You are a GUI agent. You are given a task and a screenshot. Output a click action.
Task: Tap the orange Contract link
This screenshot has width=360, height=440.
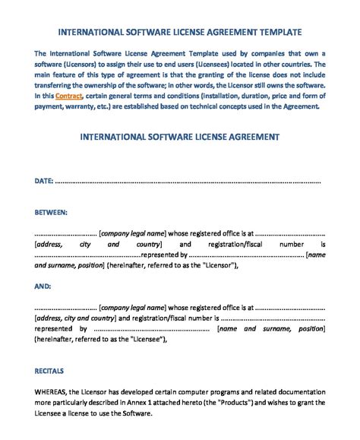(x=69, y=97)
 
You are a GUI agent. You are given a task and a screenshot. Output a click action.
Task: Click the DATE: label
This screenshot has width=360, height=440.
(x=43, y=182)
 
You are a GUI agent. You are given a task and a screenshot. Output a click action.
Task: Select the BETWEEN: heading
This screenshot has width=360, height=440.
(x=51, y=213)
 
